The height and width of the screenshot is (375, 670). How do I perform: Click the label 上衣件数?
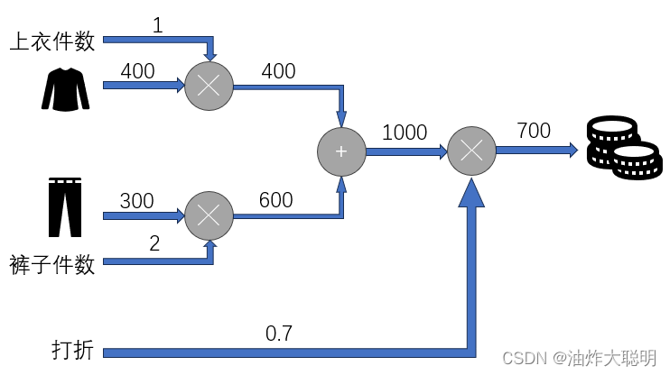click(52, 41)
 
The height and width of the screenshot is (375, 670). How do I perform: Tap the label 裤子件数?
click(52, 265)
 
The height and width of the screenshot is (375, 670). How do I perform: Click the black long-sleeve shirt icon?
click(66, 87)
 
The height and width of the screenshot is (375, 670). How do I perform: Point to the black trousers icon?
click(64, 206)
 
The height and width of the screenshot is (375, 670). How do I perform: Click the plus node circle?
click(340, 151)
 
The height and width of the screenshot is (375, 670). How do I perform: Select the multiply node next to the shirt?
click(209, 87)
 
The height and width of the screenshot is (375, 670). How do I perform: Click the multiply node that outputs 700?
click(471, 151)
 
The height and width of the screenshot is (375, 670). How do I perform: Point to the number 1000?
click(405, 133)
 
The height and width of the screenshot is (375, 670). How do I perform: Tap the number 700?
click(534, 131)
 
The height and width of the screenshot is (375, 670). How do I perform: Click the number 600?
click(275, 200)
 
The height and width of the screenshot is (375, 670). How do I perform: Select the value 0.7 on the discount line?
click(278, 334)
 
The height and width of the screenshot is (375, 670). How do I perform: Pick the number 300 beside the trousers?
click(137, 201)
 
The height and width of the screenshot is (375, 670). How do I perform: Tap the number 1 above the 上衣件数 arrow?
click(157, 24)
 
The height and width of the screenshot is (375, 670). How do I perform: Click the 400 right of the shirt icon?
click(137, 71)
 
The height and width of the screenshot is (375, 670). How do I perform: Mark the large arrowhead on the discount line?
click(470, 197)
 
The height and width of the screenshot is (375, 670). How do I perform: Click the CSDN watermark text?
click(579, 358)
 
